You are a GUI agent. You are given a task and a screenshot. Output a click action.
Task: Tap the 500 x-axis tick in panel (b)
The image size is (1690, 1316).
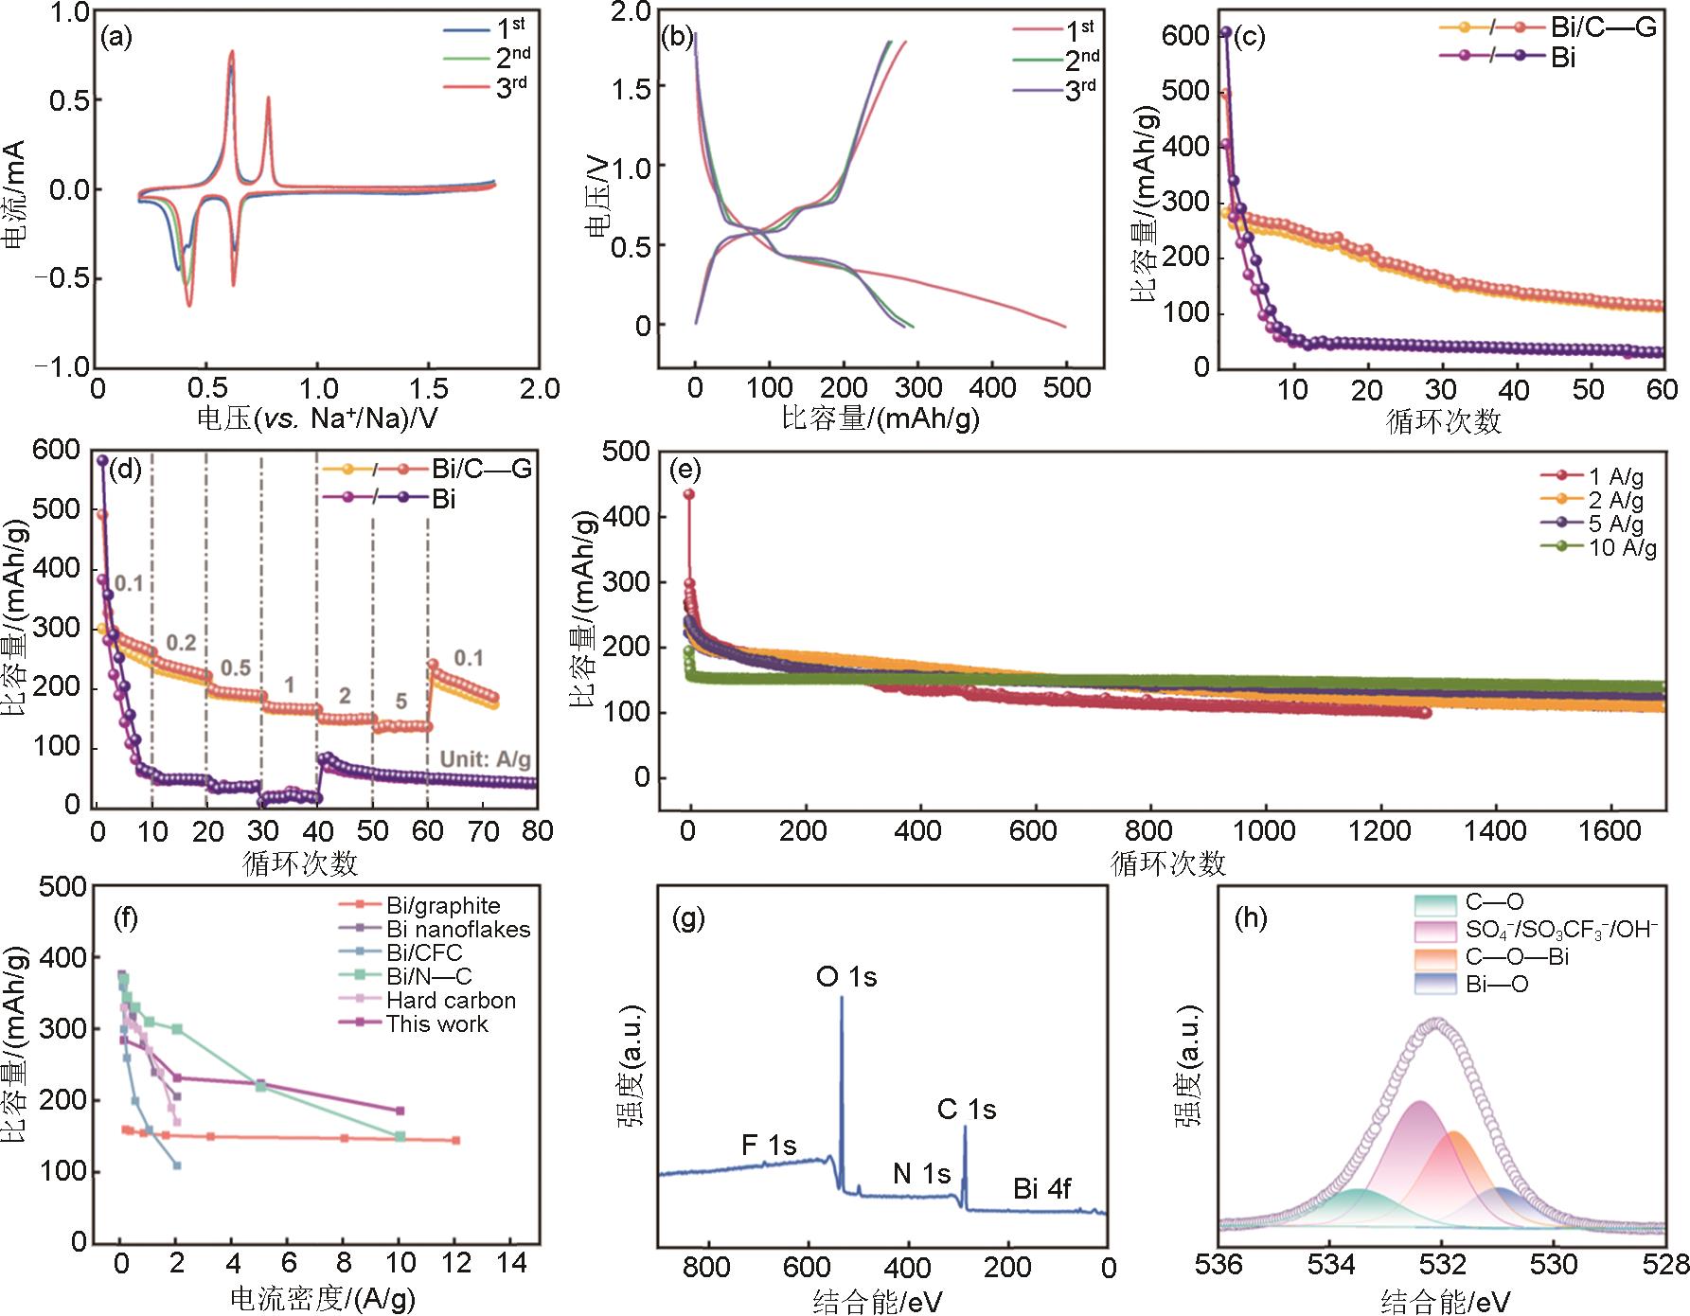1067,388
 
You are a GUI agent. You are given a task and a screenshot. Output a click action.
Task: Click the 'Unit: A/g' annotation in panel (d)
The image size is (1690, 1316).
486,759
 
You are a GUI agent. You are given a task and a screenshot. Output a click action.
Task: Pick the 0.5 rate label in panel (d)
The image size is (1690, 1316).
236,668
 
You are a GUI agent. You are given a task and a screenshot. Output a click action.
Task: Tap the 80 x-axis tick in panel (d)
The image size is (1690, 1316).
538,831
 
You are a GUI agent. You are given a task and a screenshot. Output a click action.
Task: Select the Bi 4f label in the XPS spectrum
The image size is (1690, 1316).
1041,1188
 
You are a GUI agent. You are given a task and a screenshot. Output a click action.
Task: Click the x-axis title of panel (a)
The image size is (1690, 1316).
317,418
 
